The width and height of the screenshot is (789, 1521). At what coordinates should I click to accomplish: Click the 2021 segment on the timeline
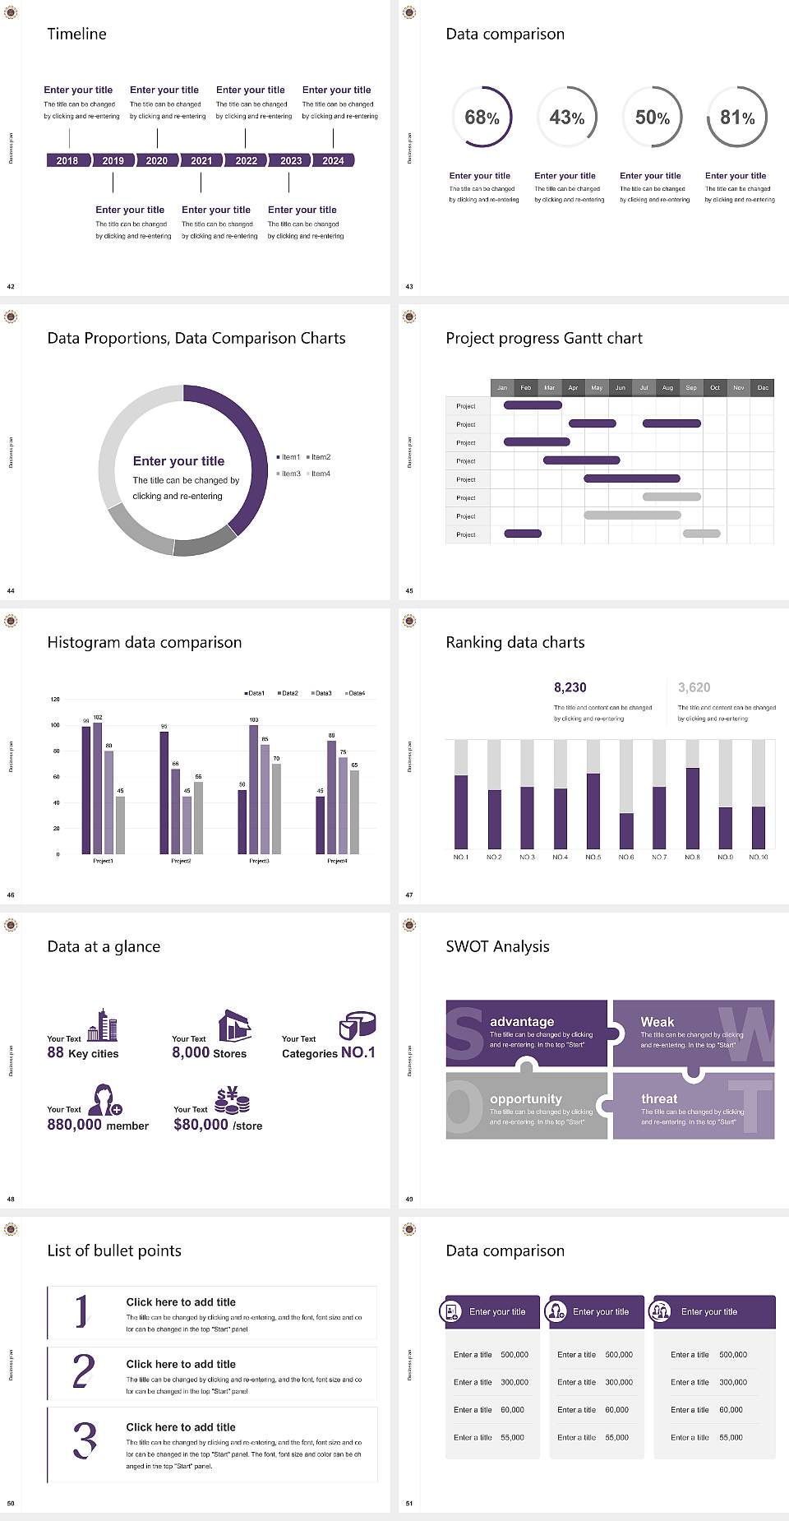click(201, 160)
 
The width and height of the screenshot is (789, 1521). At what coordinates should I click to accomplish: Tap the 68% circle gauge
click(482, 117)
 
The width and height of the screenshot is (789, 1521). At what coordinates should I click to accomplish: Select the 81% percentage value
click(737, 118)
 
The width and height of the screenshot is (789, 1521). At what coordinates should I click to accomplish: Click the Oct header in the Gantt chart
click(715, 387)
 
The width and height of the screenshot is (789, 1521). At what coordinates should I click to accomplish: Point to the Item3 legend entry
click(289, 474)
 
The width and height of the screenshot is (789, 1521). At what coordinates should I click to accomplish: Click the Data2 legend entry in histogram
click(288, 693)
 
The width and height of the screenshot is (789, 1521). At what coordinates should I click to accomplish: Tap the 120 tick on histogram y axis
click(55, 700)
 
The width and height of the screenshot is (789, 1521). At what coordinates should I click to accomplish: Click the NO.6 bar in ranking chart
click(626, 830)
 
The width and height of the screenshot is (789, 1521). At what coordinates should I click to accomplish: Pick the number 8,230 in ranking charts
click(570, 687)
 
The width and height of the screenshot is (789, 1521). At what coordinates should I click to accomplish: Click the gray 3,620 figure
click(694, 687)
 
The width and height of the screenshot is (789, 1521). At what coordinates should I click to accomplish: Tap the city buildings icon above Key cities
click(103, 1025)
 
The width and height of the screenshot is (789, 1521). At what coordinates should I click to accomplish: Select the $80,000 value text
click(201, 1125)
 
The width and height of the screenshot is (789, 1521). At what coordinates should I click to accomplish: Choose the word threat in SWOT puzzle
click(659, 1098)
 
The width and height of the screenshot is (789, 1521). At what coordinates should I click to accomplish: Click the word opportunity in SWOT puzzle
click(526, 1098)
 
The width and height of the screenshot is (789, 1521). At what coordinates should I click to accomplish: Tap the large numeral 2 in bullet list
click(84, 1371)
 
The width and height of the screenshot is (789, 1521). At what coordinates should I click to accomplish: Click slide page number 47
click(409, 895)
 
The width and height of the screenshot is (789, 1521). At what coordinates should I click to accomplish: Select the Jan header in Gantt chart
click(502, 387)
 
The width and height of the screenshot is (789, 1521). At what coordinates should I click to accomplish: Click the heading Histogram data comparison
click(145, 642)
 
